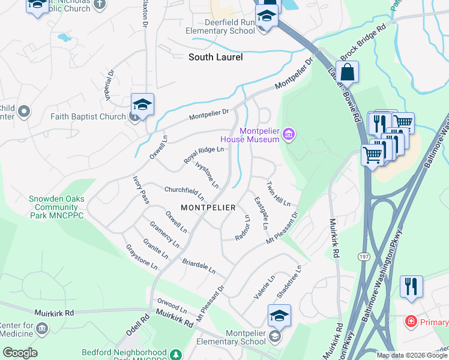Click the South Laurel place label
pyautogui.click(x=215, y=58)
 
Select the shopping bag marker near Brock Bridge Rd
pyautogui.click(x=347, y=73)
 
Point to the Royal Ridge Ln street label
pyautogui.click(x=203, y=156)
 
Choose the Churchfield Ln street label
pyautogui.click(x=184, y=193)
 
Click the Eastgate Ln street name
pyautogui.click(x=260, y=213)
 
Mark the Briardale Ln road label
pyautogui.click(x=198, y=266)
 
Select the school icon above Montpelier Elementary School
pyautogui.click(x=279, y=315)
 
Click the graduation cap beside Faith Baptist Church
pyautogui.click(x=142, y=104)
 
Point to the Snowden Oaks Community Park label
pyautogui.click(x=56, y=207)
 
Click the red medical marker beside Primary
pyautogui.click(x=411, y=322)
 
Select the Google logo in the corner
pyautogui.click(x=20, y=353)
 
